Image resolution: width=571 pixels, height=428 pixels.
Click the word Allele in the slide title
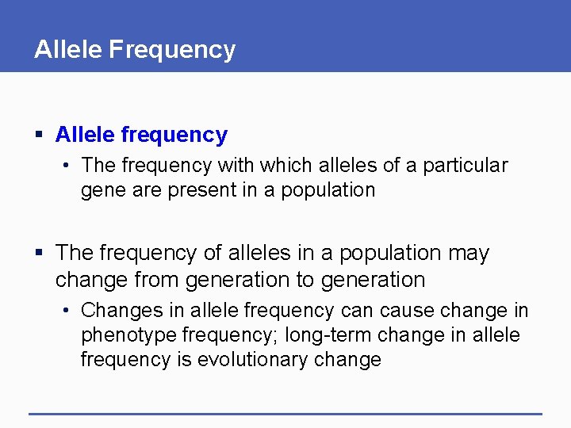pos(68,49)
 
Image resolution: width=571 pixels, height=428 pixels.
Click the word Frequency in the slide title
pos(172,49)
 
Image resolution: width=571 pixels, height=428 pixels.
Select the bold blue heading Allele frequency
pos(141,135)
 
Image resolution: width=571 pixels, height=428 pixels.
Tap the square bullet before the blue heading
pos(40,136)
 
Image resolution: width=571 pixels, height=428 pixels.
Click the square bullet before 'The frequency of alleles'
pos(40,254)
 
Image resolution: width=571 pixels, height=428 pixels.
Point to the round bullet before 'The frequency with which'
pos(67,166)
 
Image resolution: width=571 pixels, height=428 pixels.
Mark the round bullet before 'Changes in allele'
pos(67,311)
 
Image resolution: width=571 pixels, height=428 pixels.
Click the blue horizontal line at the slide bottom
pos(285,414)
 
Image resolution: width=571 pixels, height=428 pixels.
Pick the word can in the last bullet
pos(354,310)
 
